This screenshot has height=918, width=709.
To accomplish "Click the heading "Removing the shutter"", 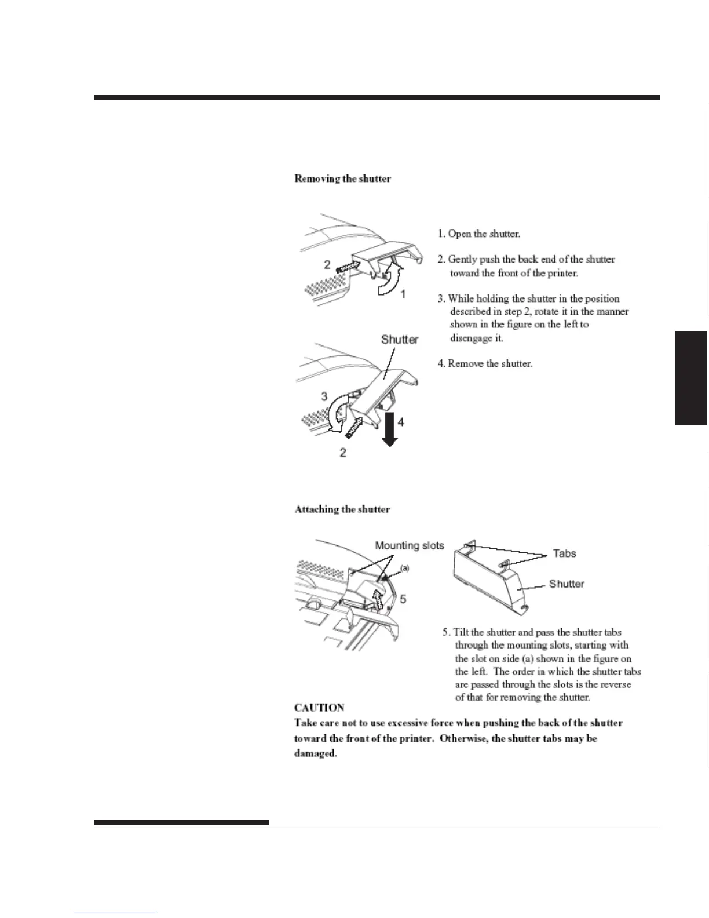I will point(342,178).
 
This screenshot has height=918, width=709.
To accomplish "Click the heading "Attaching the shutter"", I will point(342,509).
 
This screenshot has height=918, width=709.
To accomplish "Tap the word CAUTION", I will point(319,708).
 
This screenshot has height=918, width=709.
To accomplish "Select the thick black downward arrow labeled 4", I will point(389,428).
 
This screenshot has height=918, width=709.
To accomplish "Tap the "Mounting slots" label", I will point(410,545).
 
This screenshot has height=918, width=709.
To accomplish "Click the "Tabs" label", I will point(564,553).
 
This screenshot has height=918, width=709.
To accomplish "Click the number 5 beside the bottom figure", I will point(403,599).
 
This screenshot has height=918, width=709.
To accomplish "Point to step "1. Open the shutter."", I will point(478,234).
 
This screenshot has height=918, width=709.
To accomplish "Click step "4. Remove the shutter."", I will point(484,364).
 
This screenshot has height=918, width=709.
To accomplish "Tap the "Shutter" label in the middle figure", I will point(400,339).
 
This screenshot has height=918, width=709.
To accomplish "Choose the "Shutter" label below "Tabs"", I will point(567,584).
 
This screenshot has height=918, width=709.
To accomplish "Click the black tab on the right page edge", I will point(691,378).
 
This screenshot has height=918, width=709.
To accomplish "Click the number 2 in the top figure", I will point(327,264).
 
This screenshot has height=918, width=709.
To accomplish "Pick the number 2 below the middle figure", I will point(343,453).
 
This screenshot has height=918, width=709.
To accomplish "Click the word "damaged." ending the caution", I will point(316,754).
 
